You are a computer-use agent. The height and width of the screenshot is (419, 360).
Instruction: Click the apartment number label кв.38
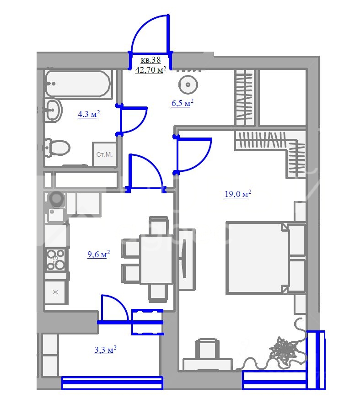coord(150,60)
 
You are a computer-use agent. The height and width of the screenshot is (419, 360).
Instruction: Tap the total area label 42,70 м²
coord(150,70)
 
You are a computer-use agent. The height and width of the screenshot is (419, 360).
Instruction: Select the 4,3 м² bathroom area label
coord(89,114)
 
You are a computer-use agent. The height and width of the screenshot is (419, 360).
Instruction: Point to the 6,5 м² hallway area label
coord(183,103)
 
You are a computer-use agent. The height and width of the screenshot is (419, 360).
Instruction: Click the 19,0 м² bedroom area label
coord(238,194)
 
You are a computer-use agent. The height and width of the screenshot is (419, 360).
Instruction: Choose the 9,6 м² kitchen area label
coord(99,254)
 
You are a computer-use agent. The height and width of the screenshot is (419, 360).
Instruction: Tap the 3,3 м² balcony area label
coord(105,350)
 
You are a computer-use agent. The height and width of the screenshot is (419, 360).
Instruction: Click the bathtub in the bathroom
coord(78,84)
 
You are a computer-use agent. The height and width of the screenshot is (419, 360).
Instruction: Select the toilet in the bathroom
coord(57,147)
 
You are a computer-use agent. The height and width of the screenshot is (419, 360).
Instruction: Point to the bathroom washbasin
coord(53,110)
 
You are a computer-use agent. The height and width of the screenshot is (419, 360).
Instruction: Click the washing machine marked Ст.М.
coord(104,154)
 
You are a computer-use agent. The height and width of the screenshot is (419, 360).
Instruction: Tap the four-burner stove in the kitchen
coord(56,260)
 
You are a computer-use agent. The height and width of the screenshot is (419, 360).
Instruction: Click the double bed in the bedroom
coord(266,258)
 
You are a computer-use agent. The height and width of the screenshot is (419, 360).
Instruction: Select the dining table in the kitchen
coord(156,259)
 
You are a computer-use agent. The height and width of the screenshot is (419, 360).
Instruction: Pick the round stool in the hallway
coord(188,85)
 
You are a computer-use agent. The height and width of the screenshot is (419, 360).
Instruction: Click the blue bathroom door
coord(132,120)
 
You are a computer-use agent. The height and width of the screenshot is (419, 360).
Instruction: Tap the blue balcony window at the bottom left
coord(112,382)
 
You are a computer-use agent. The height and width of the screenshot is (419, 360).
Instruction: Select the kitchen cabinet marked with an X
coord(55,292)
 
